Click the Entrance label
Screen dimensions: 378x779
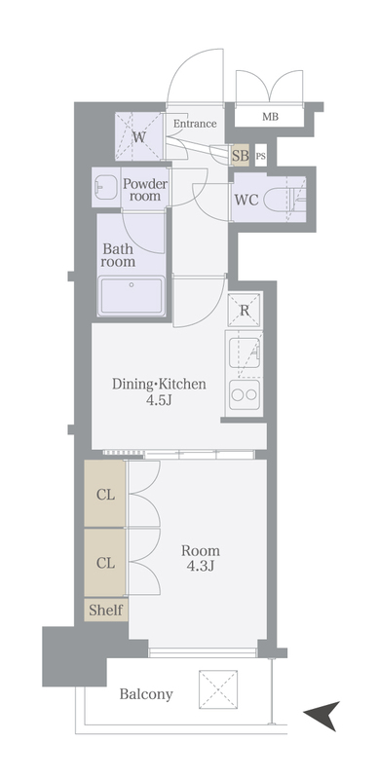click(195, 124)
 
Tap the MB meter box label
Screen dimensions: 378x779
click(270, 117)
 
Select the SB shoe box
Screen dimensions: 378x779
click(241, 156)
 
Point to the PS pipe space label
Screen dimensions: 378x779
click(261, 156)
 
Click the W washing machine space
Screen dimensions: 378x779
click(138, 136)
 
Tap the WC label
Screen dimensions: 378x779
click(246, 200)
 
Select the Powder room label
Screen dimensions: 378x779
click(145, 189)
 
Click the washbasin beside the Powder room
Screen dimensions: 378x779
click(106, 187)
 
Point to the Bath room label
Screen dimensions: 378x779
click(118, 255)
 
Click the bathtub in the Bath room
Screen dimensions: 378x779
click(132, 296)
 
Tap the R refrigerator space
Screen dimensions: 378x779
click(245, 310)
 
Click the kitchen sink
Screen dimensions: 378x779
click(245, 352)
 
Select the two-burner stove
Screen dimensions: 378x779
click(245, 394)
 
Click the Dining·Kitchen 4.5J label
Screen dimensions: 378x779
click(159, 391)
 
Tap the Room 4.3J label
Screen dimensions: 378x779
click(201, 558)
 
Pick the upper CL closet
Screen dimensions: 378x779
click(104, 494)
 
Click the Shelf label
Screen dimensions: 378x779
click(106, 610)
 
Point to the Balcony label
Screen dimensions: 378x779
click(146, 694)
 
